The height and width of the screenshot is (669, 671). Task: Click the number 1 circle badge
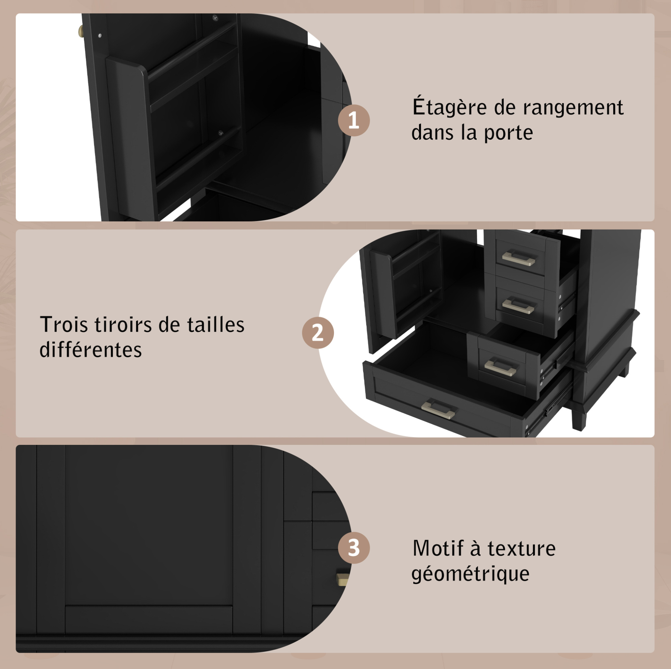click(354, 120)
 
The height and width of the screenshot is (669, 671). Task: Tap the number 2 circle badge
click(318, 333)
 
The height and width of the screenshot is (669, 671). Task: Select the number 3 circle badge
click(354, 548)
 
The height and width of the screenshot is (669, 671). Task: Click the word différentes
click(91, 349)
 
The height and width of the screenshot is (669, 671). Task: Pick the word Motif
click(438, 549)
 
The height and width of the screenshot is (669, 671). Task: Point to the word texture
click(522, 549)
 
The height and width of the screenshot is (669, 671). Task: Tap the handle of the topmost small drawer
click(519, 258)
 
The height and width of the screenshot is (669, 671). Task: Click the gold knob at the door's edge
click(81, 32)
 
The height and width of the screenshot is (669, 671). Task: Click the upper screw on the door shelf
click(215, 17)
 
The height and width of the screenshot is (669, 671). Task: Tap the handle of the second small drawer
click(519, 306)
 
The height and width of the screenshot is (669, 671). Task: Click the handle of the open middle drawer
click(501, 367)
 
